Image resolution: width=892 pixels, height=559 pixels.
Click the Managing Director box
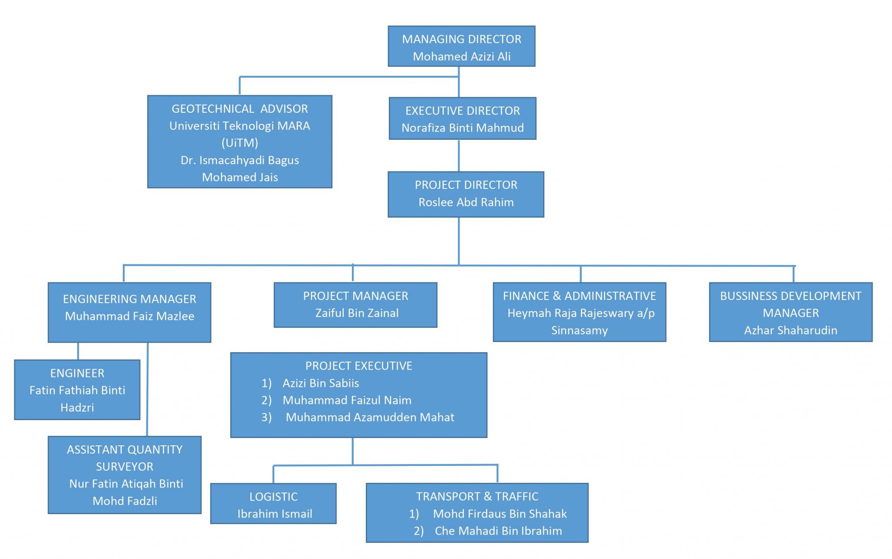[x=461, y=46]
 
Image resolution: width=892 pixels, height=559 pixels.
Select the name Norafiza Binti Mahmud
[x=462, y=128]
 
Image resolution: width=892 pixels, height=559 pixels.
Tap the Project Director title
[x=466, y=185]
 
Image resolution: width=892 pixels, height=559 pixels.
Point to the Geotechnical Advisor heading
[x=240, y=109]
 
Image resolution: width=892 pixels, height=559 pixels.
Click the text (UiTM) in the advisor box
[x=240, y=143]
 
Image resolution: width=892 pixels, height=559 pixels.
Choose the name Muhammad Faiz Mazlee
[x=129, y=316]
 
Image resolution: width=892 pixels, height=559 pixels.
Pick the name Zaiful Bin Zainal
[x=357, y=313]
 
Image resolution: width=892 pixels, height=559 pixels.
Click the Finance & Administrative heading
[x=579, y=296]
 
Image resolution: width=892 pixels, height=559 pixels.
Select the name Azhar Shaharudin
[x=790, y=330]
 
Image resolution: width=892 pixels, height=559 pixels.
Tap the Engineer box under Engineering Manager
[x=77, y=390]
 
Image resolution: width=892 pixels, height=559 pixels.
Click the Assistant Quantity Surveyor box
[x=125, y=475]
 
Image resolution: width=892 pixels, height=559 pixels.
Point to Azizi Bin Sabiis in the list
[x=321, y=383]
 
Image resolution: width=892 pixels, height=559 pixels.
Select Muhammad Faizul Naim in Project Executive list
[x=347, y=400]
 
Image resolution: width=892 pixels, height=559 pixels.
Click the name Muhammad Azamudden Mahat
[x=370, y=418]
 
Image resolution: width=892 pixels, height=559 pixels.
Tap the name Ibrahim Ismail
[x=274, y=514]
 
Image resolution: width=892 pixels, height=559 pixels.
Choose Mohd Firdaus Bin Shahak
[x=500, y=514]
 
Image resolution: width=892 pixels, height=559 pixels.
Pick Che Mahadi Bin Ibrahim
[x=498, y=531]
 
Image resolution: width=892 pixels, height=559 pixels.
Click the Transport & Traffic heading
[x=477, y=497]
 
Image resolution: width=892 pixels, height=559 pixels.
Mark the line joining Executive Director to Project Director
[x=459, y=155]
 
